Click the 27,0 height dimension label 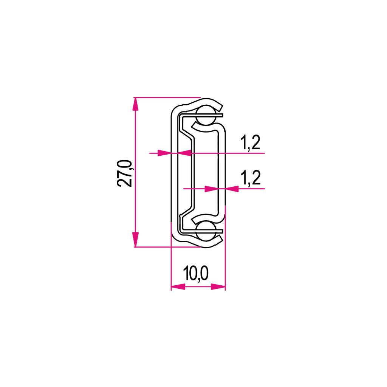(x=125, y=173)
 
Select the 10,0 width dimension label (x=196, y=274)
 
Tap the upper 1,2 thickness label (x=250, y=142)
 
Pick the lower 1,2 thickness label (x=250, y=178)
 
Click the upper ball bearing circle (x=206, y=115)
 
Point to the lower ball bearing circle (x=206, y=231)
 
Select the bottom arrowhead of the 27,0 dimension (x=135, y=240)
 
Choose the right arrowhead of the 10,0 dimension (x=218, y=286)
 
